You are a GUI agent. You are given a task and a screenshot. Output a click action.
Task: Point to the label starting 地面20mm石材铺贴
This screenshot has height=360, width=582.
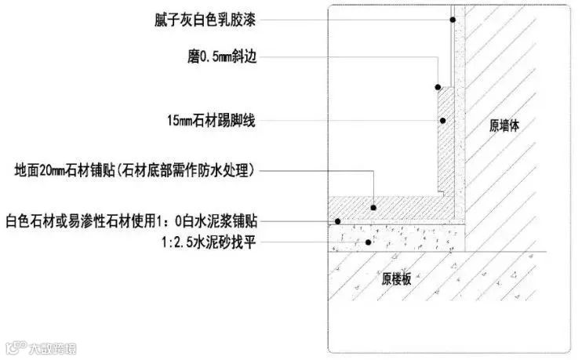pos(137,169)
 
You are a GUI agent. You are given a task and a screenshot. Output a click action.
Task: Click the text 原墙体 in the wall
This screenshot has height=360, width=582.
pos(505,125)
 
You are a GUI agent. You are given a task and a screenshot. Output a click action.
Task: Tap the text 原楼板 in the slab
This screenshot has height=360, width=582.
pos(397,279)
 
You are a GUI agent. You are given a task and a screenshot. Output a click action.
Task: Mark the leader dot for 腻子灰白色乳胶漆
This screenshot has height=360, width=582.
pos(453,20)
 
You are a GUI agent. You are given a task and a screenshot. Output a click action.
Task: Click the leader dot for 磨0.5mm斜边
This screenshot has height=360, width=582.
pos(438,87)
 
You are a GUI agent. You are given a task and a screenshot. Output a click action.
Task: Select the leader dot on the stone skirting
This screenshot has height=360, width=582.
pos(443,121)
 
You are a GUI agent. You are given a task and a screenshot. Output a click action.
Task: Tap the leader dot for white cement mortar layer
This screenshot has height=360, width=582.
pos(338,221)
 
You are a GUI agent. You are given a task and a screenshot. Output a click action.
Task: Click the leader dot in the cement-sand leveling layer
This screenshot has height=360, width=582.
pos(367,242)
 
